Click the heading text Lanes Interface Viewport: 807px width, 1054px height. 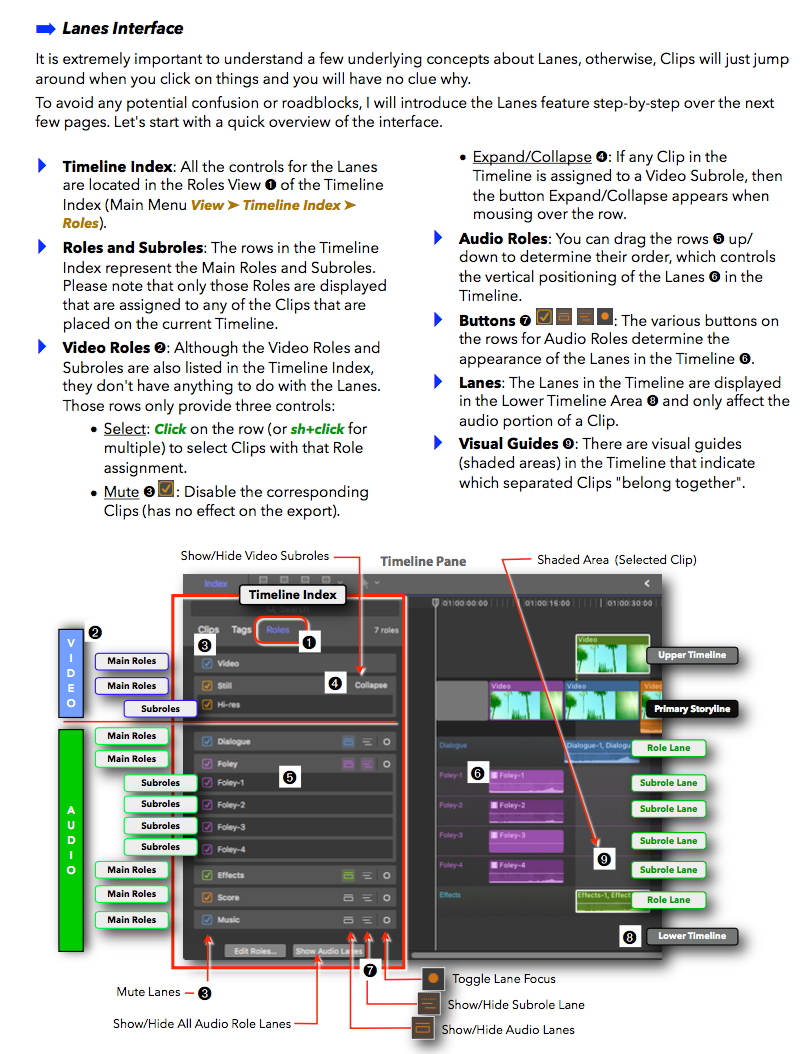tap(123, 28)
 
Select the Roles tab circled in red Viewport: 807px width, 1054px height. tap(278, 630)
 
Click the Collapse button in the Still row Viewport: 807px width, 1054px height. tap(370, 685)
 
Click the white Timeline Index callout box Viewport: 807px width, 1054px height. tap(293, 595)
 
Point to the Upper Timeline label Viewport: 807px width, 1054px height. tap(697, 656)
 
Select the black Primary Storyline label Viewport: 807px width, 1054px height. tap(692, 709)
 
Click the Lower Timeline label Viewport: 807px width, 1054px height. tap(692, 936)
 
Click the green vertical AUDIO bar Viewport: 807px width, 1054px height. tap(71, 838)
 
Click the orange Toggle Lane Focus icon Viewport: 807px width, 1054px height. tap(433, 978)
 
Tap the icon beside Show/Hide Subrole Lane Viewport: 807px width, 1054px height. tap(428, 1004)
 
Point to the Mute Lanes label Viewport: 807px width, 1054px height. tap(149, 992)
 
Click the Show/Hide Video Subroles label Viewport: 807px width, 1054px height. tap(254, 556)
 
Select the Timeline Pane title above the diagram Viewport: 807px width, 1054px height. tap(423, 561)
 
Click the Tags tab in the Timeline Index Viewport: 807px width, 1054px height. tap(241, 630)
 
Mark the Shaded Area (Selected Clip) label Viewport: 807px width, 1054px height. tap(616, 560)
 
